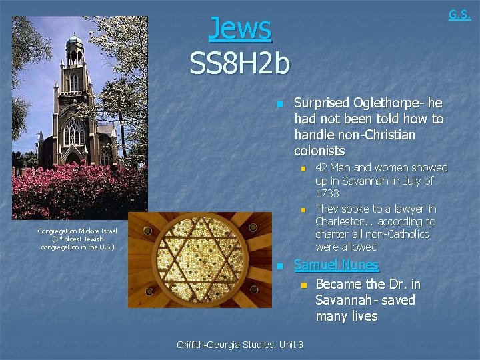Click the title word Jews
point(240,29)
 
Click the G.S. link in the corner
point(459,14)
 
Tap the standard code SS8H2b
point(240,64)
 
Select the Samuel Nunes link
point(336,265)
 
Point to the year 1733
point(327,193)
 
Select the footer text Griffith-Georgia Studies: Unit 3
point(240,345)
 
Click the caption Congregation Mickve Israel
point(77,231)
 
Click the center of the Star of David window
point(199,260)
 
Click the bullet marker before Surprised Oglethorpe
point(280,104)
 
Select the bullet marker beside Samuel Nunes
point(280,266)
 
